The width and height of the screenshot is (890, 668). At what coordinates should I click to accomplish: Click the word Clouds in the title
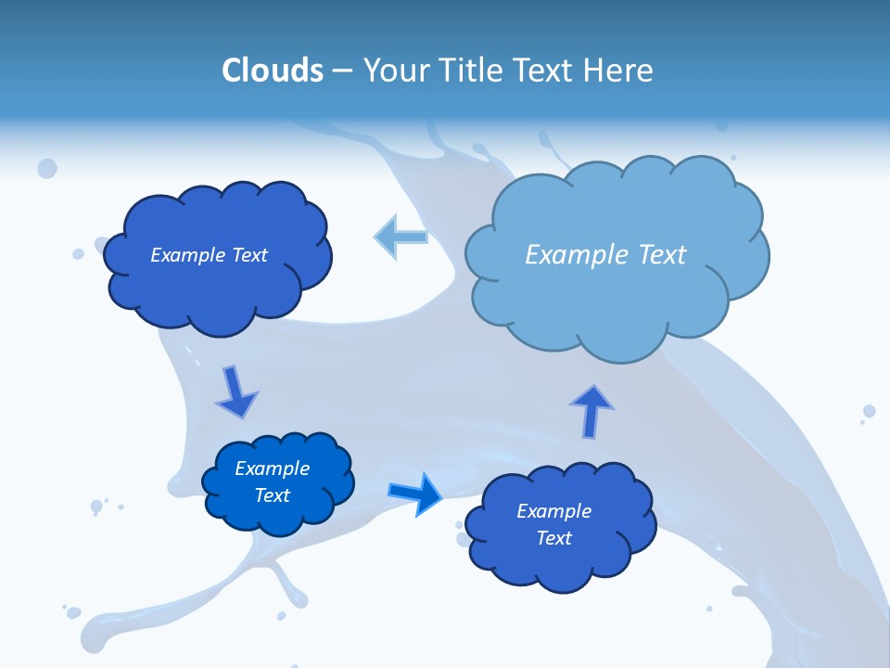coord(273,71)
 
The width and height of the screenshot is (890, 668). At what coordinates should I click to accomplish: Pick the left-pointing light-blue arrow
coord(400,237)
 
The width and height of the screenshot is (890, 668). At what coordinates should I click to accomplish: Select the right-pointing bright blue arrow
coord(414,494)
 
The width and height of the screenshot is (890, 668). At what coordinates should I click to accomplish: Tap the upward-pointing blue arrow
coord(591,411)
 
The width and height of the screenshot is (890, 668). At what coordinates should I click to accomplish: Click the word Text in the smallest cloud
coord(273,495)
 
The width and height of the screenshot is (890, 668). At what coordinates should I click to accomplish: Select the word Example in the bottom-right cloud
coord(553,511)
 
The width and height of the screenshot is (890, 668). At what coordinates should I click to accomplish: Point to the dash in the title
coord(341,71)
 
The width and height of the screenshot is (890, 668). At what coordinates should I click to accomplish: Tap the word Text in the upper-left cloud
coord(249,255)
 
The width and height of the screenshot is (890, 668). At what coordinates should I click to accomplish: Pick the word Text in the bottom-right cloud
coord(553,538)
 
